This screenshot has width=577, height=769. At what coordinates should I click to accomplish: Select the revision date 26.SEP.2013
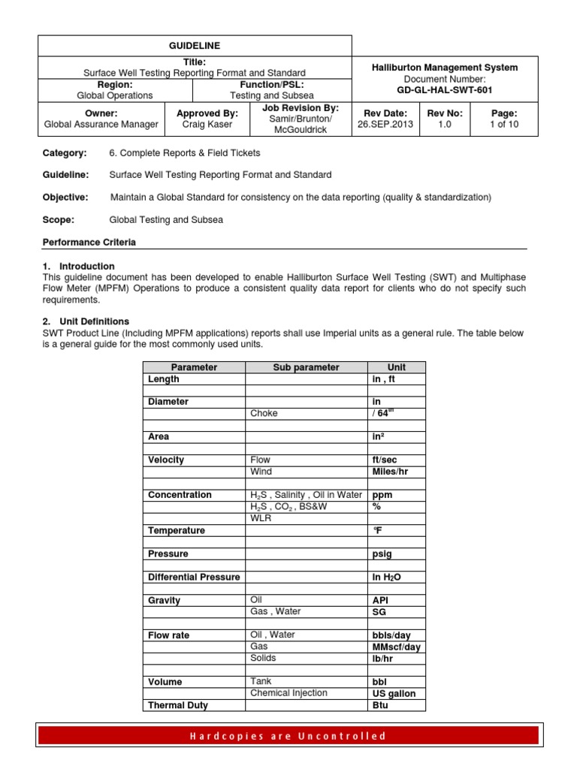385,125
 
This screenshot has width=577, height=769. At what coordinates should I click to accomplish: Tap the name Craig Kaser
207,125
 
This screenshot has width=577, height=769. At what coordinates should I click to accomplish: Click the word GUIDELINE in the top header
195,46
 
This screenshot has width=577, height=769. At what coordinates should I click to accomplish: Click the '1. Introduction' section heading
79,266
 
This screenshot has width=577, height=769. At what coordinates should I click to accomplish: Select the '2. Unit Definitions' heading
86,321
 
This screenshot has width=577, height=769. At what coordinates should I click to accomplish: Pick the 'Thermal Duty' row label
178,705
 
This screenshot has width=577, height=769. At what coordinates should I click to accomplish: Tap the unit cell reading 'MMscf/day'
396,647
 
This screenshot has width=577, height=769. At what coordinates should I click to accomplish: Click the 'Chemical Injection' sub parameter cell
288,693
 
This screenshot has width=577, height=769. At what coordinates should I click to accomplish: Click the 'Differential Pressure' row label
194,577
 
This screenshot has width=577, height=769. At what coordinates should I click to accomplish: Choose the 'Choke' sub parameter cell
263,413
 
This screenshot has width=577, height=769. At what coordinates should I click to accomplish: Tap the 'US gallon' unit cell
394,693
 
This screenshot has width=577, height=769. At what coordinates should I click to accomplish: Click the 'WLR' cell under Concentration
260,518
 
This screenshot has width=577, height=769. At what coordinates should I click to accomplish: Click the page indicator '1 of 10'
503,125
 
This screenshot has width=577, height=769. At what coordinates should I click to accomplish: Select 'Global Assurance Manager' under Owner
101,125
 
